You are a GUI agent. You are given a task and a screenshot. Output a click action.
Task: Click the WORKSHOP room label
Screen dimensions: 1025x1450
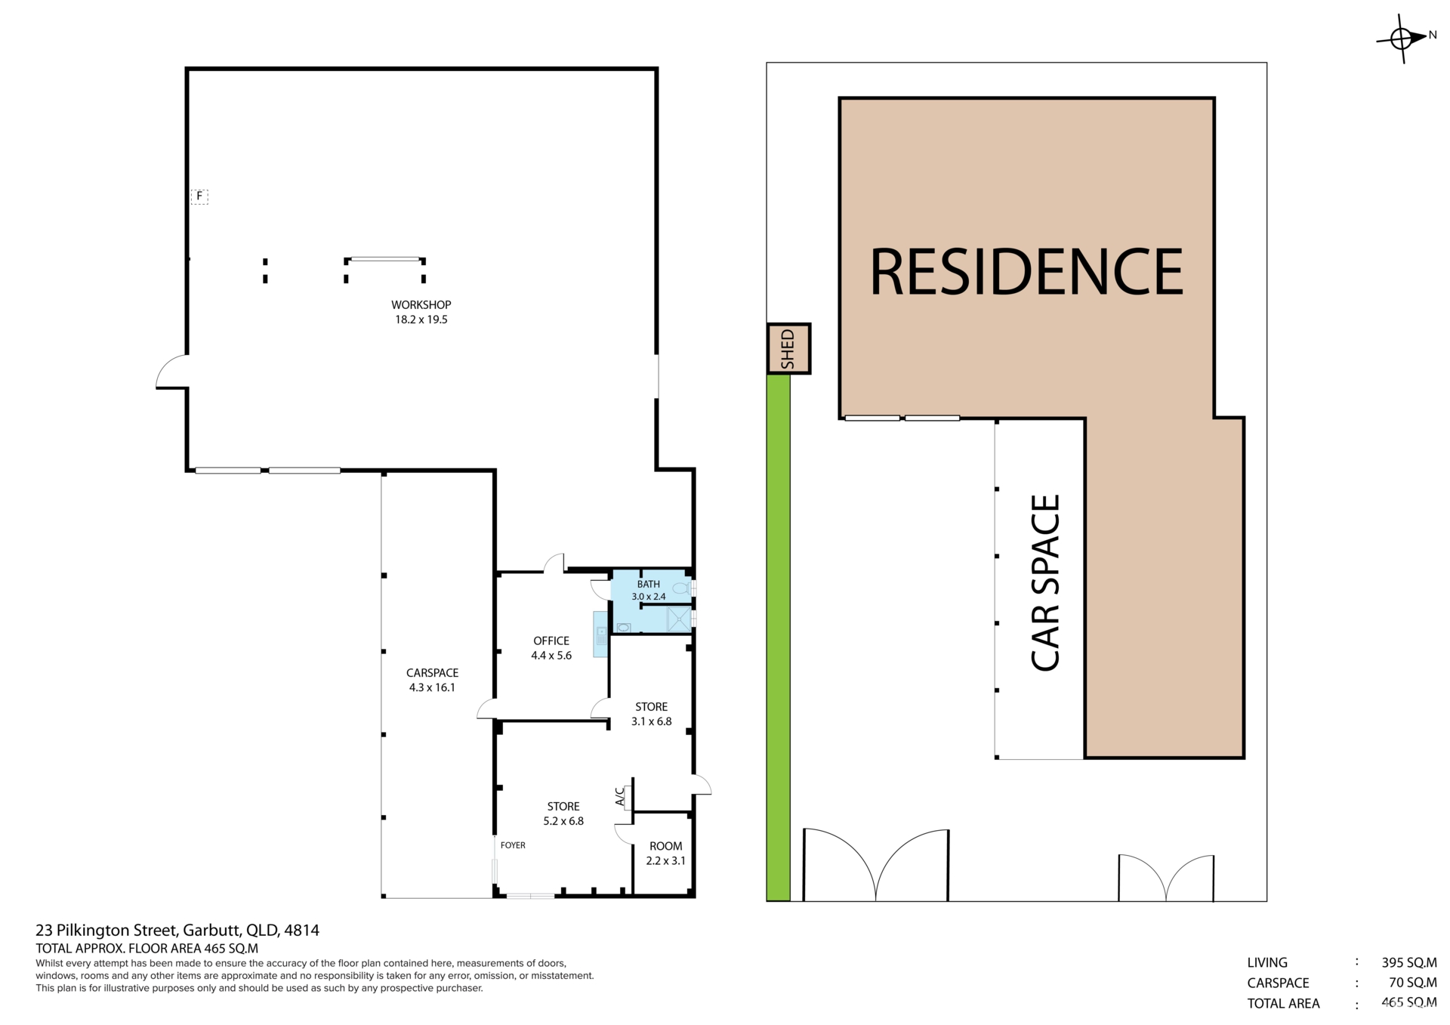tap(421, 312)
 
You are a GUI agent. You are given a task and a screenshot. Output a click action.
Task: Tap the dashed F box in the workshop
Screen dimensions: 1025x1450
tap(199, 196)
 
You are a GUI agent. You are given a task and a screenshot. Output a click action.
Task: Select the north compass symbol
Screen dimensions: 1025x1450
tap(1402, 37)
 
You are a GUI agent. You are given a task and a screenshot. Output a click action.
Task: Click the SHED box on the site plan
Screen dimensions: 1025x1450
tap(788, 348)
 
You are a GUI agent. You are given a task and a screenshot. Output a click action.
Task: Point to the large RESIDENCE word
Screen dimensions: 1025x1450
tap(1026, 272)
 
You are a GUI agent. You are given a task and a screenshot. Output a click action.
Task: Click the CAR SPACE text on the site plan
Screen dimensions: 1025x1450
tap(1046, 582)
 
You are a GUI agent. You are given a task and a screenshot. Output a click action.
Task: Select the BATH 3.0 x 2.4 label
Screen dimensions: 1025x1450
tap(648, 590)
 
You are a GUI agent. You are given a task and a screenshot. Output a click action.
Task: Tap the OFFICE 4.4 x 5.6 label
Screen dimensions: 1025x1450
tap(551, 648)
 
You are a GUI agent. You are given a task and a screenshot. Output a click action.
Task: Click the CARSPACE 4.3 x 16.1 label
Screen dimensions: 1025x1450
tap(432, 680)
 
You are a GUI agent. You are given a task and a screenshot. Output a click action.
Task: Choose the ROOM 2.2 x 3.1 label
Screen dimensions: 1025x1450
tap(665, 854)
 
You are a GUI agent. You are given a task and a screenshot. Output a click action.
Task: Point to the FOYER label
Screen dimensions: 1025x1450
tap(513, 845)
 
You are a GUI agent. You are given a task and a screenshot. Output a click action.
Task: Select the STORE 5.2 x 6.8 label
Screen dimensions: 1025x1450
tap(563, 814)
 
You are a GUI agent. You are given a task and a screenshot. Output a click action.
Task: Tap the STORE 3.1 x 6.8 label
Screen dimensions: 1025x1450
tap(651, 714)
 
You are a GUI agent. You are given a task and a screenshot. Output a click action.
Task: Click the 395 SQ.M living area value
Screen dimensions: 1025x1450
tap(1408, 962)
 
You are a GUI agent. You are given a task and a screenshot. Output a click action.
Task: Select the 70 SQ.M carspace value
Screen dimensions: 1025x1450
tap(1412, 983)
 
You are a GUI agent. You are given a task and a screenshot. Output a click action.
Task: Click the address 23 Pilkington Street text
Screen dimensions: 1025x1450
tap(177, 930)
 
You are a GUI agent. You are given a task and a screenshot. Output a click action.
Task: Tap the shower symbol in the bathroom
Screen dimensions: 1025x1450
tap(678, 619)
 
